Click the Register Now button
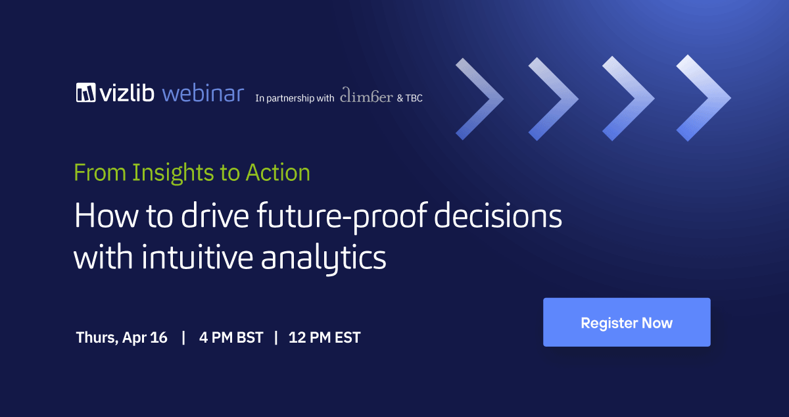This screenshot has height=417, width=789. tap(627, 322)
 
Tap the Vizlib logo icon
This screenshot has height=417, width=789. tap(85, 93)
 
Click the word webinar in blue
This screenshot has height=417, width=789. tap(203, 93)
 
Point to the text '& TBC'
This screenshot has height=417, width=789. tap(410, 98)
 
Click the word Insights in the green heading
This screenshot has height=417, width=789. tap(173, 173)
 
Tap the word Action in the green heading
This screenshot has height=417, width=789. tap(278, 173)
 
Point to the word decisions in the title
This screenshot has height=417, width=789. tap(498, 215)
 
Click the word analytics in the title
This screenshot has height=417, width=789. tap(323, 258)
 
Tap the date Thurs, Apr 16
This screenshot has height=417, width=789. tap(122, 337)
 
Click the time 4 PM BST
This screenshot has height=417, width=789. tap(231, 337)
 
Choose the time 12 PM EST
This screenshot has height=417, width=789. tap(324, 337)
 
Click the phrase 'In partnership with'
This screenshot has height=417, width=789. tap(295, 98)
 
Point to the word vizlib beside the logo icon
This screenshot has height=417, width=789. tap(127, 93)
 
